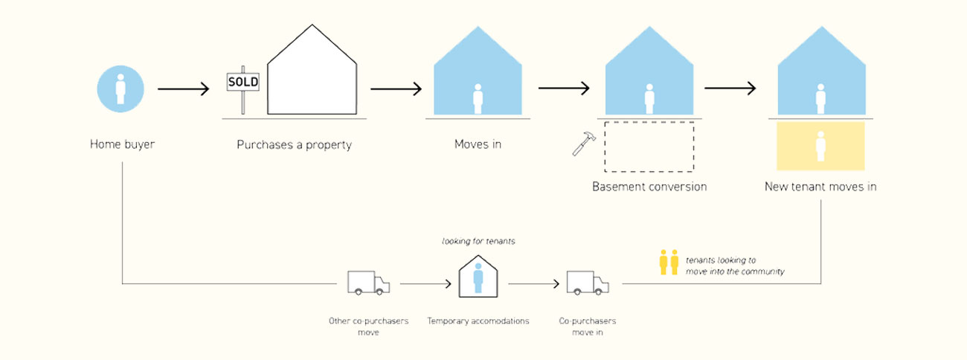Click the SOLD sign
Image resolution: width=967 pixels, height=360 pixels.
tap(242, 82)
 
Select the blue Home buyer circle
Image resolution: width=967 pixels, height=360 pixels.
tap(121, 88)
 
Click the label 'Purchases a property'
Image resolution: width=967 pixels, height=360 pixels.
tap(294, 145)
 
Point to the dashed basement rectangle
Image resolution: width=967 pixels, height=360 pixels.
tap(649, 147)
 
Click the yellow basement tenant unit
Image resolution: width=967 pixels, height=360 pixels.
tap(820, 147)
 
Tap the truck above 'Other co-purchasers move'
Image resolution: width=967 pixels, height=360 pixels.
tap(367, 283)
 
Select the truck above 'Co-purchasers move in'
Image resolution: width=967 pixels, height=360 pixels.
tap(587, 283)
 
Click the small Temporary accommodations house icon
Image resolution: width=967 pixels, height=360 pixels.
tap(478, 276)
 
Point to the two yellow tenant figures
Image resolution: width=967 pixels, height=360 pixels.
tap(669, 263)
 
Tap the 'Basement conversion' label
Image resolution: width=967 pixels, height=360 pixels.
tap(649, 187)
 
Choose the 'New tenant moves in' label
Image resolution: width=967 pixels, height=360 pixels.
tap(820, 187)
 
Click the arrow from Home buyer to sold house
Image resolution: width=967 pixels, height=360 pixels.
tap(184, 89)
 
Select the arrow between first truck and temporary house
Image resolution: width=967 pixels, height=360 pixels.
tap(425, 283)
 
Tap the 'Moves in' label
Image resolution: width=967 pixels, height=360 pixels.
tap(478, 144)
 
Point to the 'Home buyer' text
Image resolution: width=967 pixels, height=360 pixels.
tap(122, 144)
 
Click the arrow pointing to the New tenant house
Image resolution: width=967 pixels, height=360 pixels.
tap(730, 89)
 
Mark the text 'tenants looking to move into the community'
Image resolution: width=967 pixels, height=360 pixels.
tap(734, 266)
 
